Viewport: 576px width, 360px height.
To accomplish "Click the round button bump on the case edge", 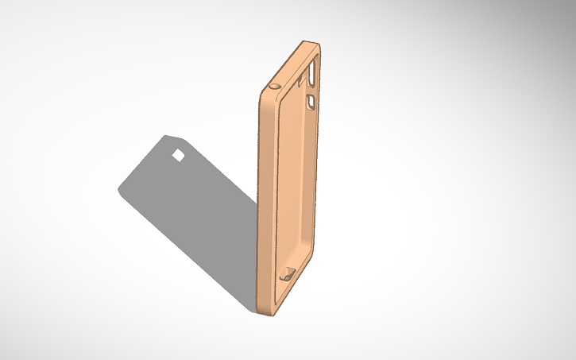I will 276,85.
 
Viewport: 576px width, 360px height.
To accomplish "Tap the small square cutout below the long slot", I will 311,101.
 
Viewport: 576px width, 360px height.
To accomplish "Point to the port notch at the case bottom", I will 287,276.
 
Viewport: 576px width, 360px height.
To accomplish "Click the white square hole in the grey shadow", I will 180,155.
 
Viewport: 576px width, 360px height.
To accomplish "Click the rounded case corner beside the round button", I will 265,91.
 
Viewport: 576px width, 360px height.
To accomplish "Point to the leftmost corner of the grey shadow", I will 120,191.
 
